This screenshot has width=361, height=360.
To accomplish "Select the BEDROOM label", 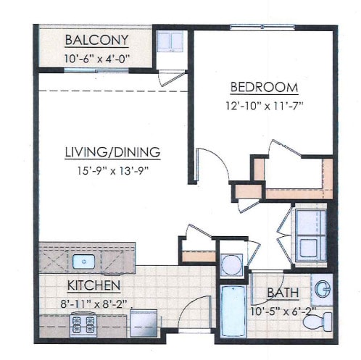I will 264,88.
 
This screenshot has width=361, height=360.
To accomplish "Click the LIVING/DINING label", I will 112,152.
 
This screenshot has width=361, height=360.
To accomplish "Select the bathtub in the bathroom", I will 233,311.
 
